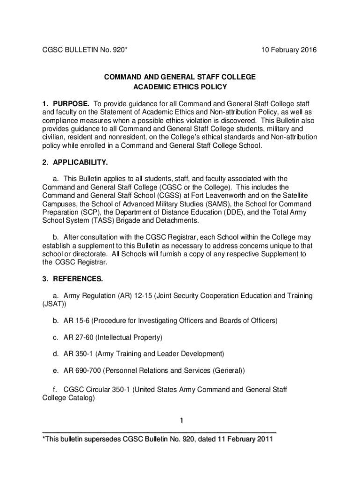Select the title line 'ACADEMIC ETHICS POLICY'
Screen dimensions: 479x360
(x=180, y=87)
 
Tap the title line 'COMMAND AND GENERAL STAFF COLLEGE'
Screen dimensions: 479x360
(x=180, y=77)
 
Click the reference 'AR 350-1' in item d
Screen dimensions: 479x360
(x=78, y=353)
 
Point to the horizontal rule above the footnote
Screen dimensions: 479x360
(x=159, y=431)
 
